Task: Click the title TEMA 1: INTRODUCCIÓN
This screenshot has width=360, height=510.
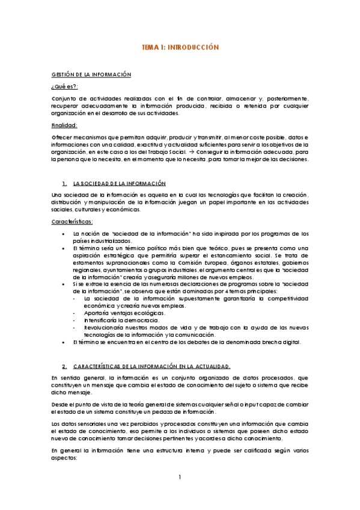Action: coord(180,46)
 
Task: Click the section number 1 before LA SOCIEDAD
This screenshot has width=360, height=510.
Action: coord(64,183)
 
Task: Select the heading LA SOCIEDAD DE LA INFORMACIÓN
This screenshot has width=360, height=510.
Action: coord(119,183)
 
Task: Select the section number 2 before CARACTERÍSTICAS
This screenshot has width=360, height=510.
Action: coord(64,366)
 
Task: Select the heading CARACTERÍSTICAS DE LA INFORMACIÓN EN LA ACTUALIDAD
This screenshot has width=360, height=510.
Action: coord(151,366)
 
